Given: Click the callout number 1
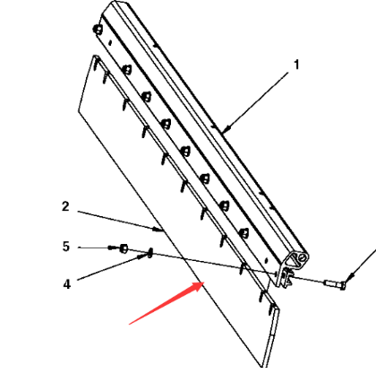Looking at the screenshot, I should [x=296, y=65].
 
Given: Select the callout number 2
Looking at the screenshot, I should [x=65, y=206].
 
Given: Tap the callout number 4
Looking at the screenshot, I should [x=65, y=284].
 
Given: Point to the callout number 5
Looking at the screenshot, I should [x=65, y=246].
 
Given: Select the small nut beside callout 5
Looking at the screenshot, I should [x=124, y=248].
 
